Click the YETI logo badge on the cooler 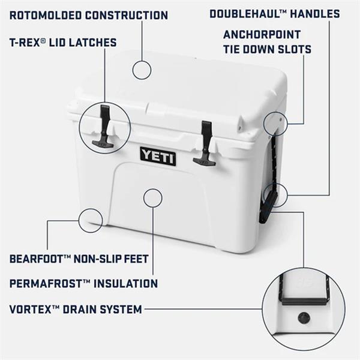pos(158,157)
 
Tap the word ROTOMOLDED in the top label pos(46,16)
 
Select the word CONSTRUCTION pos(127,16)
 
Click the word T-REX pos(25,43)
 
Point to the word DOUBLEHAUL pos(245,14)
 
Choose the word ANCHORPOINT pos(262,35)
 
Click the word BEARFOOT pos(36,259)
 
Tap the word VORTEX pos(30,309)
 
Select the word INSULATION pos(125,283)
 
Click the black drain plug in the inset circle pos(304,318)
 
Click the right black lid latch pos(205,143)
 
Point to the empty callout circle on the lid pos(142,61)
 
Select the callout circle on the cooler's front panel pos(153,189)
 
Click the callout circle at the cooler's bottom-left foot pos(91,209)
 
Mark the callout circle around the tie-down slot pos(275,112)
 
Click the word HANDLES pos(315,14)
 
